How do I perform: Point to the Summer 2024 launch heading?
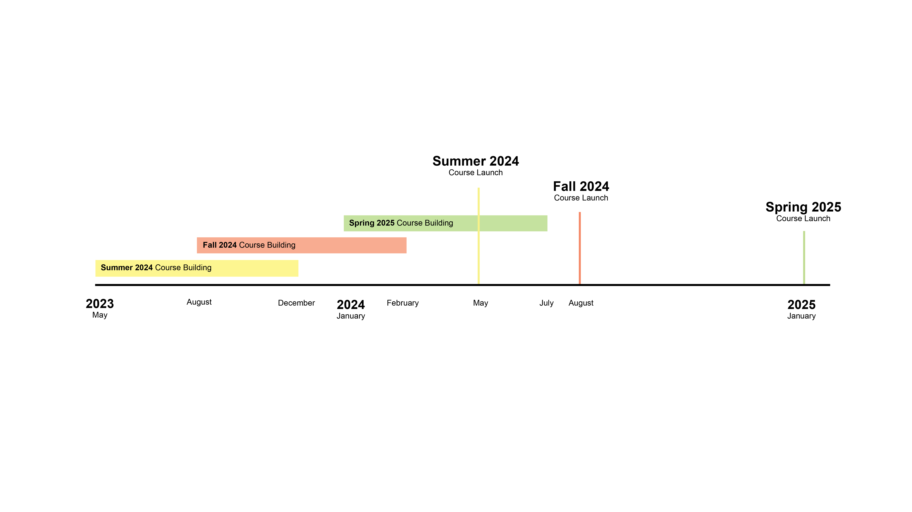click(x=476, y=161)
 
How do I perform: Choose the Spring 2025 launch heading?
click(x=803, y=207)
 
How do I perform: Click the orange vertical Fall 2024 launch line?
click(x=580, y=248)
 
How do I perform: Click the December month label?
click(x=296, y=303)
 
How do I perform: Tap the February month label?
click(x=402, y=303)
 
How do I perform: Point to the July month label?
click(x=546, y=303)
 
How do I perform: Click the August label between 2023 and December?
click(x=199, y=302)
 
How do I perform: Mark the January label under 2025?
click(x=801, y=316)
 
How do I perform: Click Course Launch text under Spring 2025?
click(x=803, y=219)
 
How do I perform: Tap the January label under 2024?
click(x=351, y=316)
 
